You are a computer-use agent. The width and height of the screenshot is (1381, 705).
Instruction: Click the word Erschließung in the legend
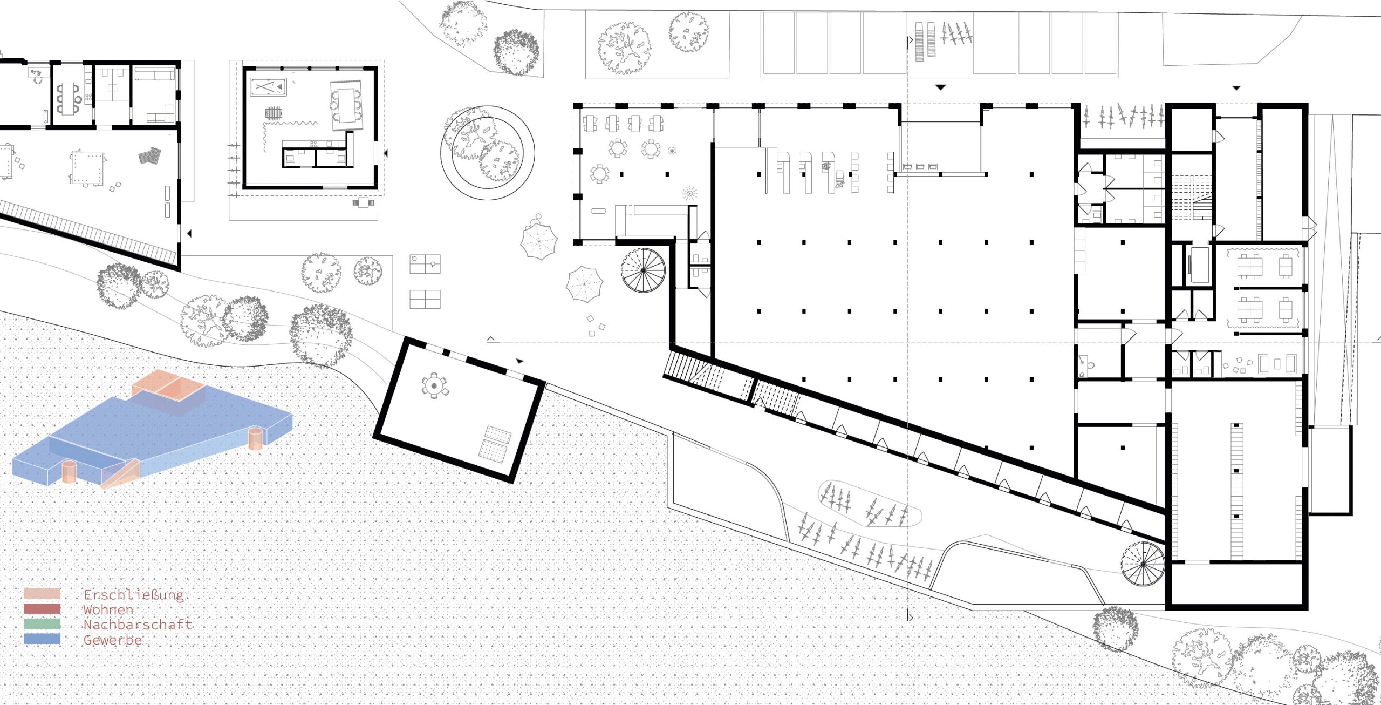(134, 595)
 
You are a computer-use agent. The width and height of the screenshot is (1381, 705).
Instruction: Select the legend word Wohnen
(108, 610)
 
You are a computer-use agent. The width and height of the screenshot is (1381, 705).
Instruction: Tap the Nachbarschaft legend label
(138, 625)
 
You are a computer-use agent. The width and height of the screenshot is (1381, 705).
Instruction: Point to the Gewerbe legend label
(112, 640)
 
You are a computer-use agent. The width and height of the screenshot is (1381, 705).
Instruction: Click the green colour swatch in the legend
(42, 623)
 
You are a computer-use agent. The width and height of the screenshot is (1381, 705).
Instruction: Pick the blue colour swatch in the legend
(42, 639)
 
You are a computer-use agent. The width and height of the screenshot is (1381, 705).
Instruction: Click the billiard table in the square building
(268, 86)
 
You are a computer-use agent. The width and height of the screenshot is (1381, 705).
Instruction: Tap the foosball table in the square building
(274, 113)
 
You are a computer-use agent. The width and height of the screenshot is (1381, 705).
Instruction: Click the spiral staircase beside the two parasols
(644, 270)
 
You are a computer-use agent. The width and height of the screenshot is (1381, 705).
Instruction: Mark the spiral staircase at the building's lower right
(1143, 564)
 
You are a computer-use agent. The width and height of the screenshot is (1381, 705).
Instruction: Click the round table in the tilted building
(434, 385)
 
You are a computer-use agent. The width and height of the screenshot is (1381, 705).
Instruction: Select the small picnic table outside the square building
(363, 203)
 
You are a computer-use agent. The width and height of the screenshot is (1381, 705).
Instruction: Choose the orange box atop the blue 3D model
(169, 390)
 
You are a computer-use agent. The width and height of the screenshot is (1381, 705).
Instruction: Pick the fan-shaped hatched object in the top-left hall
(150, 155)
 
